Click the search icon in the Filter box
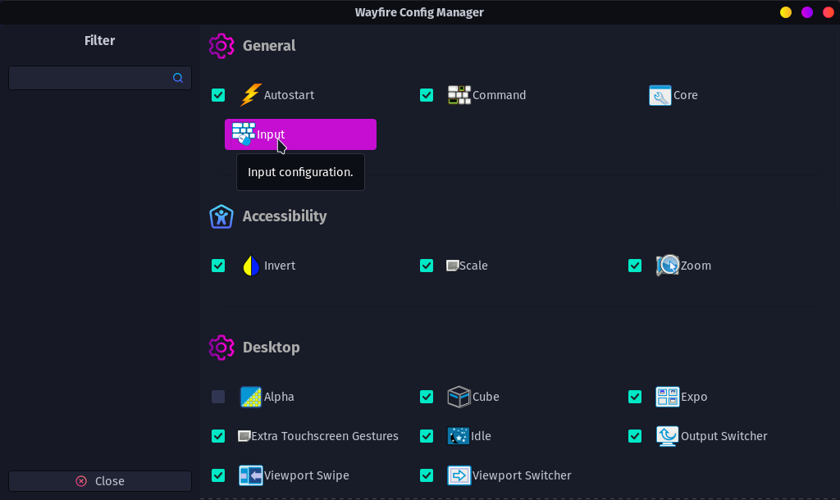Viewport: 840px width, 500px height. point(178,78)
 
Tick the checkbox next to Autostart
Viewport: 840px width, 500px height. point(218,95)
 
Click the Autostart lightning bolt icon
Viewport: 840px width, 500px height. point(250,95)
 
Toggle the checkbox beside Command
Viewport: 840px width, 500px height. point(427,95)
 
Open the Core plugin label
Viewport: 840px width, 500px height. point(685,95)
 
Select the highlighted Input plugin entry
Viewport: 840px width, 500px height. point(300,134)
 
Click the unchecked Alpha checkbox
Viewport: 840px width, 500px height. point(218,397)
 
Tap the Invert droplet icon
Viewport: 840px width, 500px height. point(251,266)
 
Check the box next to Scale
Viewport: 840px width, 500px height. point(427,266)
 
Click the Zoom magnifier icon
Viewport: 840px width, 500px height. point(668,266)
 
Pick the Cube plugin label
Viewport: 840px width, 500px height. point(486,397)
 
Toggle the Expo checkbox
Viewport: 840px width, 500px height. point(635,397)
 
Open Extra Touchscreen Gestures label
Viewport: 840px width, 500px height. point(325,436)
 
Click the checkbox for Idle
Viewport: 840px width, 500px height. point(427,436)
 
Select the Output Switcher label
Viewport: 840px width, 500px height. point(724,436)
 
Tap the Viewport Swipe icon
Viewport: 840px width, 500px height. point(250,475)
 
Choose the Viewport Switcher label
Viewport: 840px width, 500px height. point(522,475)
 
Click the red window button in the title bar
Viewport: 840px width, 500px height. point(828,12)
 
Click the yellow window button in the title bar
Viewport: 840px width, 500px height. point(786,12)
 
